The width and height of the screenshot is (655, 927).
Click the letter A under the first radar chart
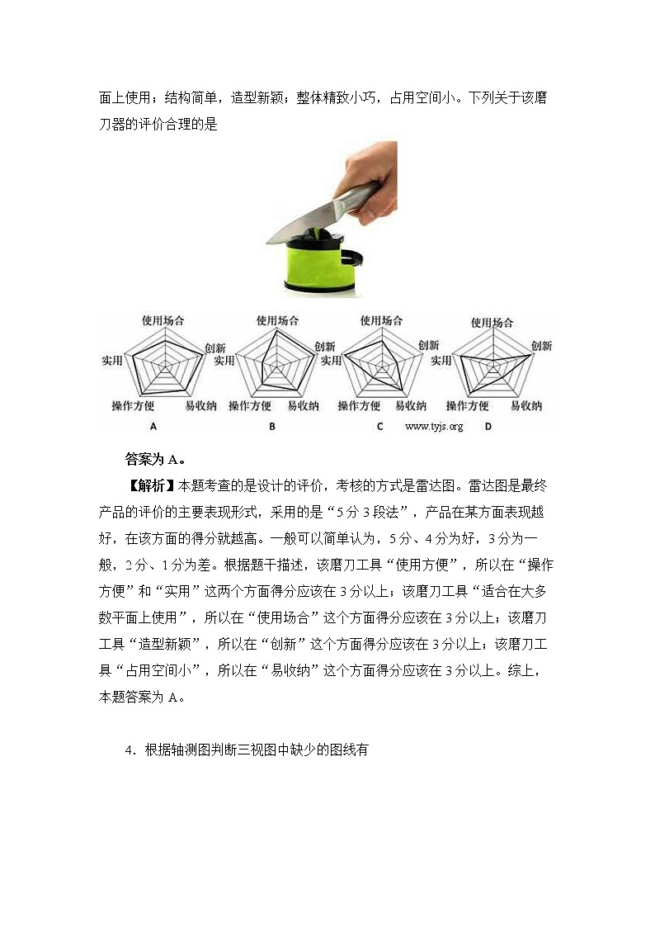(153, 427)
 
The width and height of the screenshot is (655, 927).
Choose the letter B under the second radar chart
(271, 427)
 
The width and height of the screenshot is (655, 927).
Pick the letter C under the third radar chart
(379, 427)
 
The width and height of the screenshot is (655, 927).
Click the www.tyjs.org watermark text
(435, 427)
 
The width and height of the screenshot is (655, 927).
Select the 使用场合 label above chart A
(163, 320)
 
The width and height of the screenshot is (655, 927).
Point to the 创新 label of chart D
(541, 346)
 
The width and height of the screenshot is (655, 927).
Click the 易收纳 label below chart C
(411, 406)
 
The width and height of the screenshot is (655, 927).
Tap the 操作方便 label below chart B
(250, 406)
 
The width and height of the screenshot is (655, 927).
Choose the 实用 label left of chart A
(111, 361)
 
